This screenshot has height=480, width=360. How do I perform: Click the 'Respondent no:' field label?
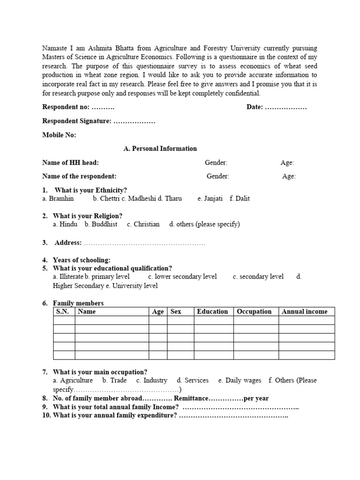[x=66, y=107]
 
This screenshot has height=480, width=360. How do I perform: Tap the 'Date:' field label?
[x=255, y=107]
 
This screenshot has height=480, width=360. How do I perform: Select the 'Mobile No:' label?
[x=59, y=135]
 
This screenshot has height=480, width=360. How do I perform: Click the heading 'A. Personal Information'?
[x=160, y=149]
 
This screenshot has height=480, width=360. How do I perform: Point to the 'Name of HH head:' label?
[x=70, y=163]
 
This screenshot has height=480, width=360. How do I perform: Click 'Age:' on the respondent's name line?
[x=289, y=176]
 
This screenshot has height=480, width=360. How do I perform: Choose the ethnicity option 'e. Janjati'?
[x=210, y=198]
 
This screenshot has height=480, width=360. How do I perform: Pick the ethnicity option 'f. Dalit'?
[x=240, y=198]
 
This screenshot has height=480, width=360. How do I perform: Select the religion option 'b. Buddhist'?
[x=101, y=224]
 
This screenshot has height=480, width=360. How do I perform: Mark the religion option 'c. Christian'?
[x=143, y=224]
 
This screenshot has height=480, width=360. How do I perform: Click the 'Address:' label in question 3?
[x=68, y=242]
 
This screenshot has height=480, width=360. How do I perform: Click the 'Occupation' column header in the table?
[x=254, y=311]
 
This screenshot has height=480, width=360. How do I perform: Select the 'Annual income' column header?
[x=304, y=311]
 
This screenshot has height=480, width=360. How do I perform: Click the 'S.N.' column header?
[x=63, y=311]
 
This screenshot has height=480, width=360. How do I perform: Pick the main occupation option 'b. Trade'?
[x=114, y=380]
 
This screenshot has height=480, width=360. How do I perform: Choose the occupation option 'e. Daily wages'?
[x=240, y=380]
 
